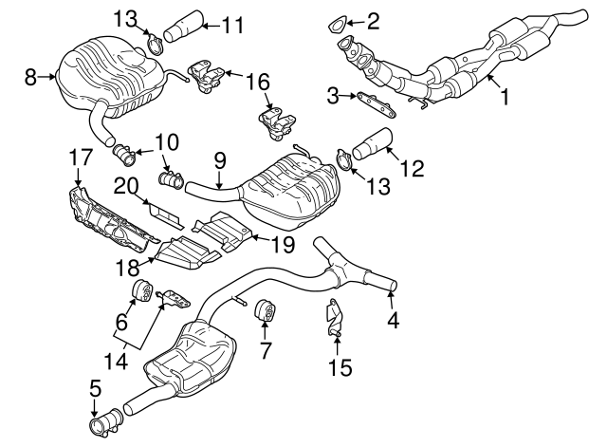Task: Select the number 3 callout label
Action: click(333, 94)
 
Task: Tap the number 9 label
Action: click(219, 163)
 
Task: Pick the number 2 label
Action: click(374, 18)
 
